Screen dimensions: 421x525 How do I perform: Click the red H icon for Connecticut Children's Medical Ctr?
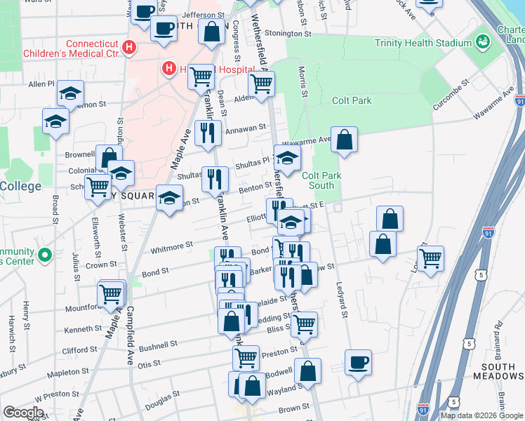[x=128, y=48]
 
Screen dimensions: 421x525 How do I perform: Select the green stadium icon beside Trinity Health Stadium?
[x=482, y=42]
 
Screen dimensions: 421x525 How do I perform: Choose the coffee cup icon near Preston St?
[x=358, y=362]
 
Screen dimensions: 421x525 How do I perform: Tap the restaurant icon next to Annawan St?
[x=208, y=133]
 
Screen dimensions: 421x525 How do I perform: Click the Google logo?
[x=23, y=413]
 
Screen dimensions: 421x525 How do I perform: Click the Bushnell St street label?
[x=159, y=346]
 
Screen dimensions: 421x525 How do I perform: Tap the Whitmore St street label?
[x=172, y=246]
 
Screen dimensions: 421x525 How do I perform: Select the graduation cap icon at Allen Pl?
[x=70, y=93]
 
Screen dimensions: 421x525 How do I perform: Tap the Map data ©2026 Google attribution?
[x=481, y=415]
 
